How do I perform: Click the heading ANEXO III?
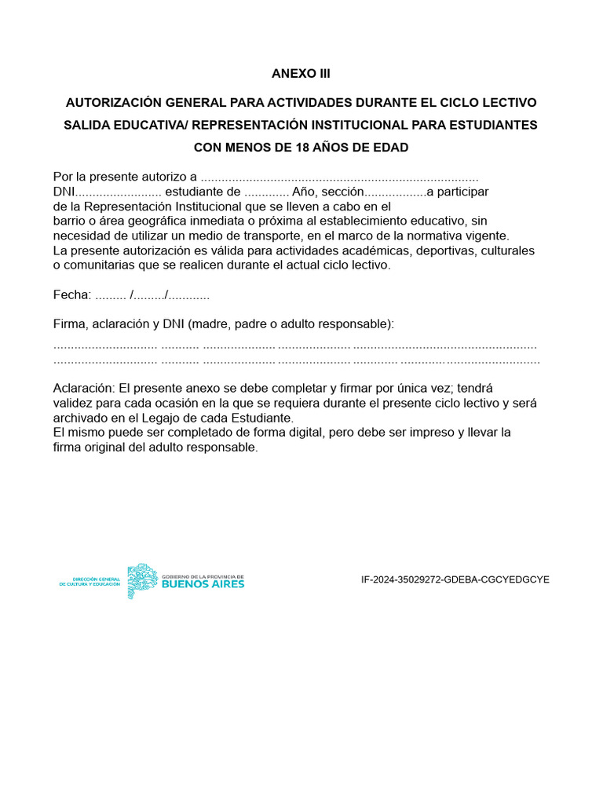(x=301, y=74)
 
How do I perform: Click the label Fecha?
(x=72, y=295)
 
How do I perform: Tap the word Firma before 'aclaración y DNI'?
(x=71, y=323)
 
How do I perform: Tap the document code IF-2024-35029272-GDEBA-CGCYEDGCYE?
(x=455, y=579)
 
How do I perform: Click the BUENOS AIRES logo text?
(x=203, y=584)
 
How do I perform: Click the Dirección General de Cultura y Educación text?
(x=90, y=582)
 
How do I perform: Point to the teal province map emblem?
(x=142, y=581)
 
